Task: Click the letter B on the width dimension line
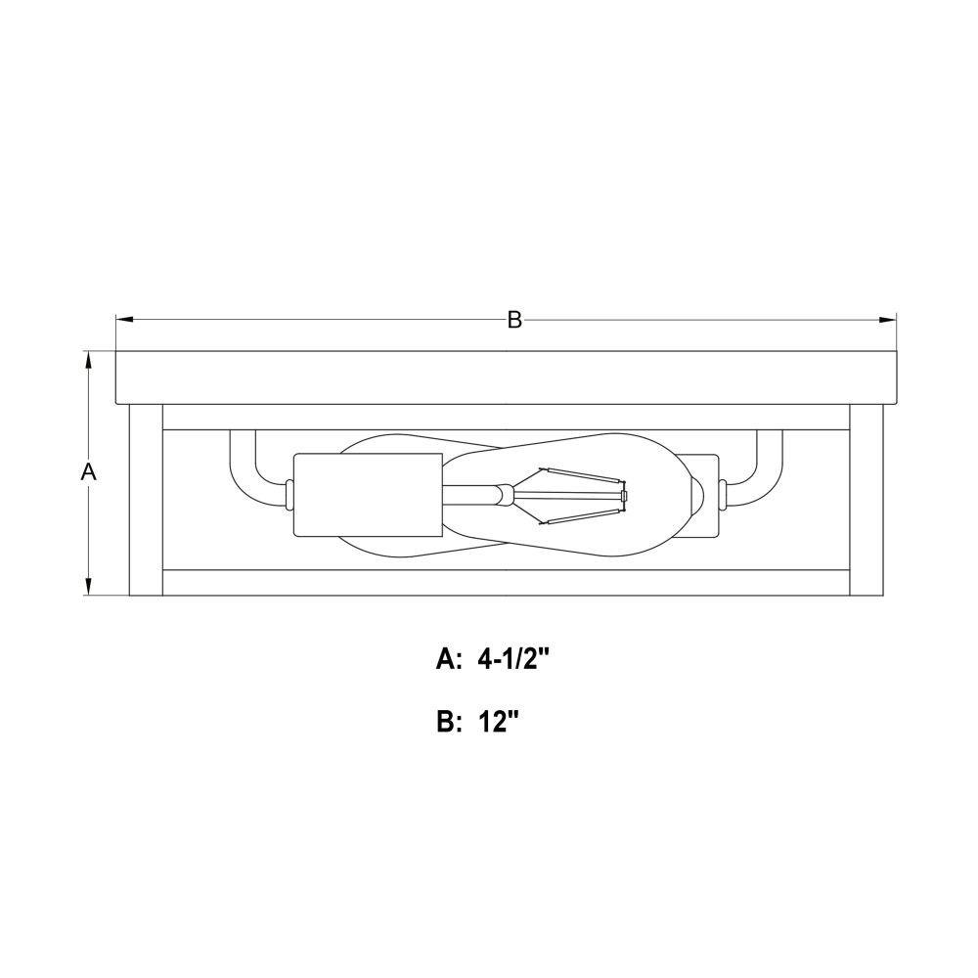514,320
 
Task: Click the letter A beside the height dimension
89,472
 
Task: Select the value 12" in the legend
499,723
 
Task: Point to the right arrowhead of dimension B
888,320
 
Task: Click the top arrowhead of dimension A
89,360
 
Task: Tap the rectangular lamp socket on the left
368,495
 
